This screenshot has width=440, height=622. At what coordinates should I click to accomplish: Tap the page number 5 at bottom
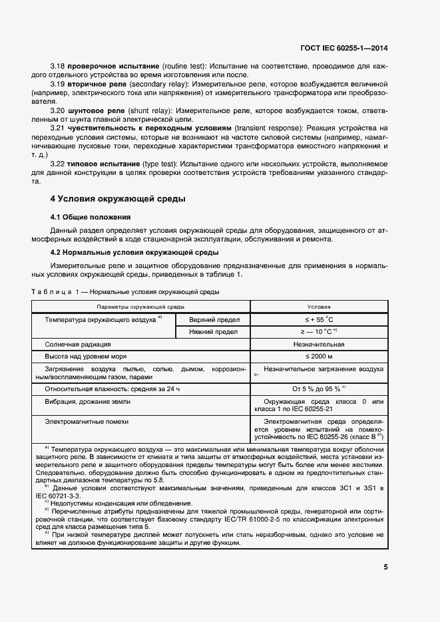click(x=386, y=567)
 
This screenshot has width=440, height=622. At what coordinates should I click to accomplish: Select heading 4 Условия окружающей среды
click(x=118, y=199)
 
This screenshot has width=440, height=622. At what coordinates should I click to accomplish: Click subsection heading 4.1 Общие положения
click(x=91, y=218)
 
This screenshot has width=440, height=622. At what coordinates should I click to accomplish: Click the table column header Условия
click(x=319, y=307)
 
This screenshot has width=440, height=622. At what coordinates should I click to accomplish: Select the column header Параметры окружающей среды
click(x=140, y=307)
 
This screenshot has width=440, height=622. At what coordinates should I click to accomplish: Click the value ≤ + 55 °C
click(x=318, y=319)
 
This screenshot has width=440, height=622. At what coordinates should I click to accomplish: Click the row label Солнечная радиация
click(x=78, y=345)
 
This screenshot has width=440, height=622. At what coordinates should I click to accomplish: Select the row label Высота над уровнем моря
click(x=87, y=357)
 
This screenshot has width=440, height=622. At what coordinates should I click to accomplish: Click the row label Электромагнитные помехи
click(x=87, y=421)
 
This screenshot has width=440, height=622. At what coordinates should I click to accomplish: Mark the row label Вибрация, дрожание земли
click(x=88, y=402)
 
